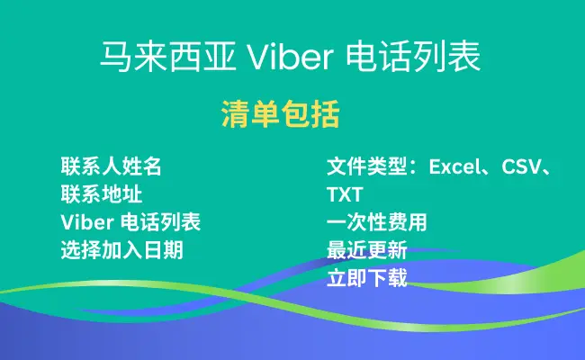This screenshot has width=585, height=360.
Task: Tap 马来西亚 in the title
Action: coord(168,57)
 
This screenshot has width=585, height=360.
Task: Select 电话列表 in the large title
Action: coord(413,57)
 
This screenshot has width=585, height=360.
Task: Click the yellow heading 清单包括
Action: coord(281,114)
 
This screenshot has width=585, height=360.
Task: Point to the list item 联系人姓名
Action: coord(112,166)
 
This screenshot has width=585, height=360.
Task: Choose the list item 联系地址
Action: coord(102,194)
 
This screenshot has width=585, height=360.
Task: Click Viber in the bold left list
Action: coord(87,222)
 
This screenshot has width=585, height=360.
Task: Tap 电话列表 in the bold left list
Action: coord(161,222)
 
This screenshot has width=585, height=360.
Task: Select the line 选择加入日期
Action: coord(122,250)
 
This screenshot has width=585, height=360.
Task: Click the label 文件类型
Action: coord(366,166)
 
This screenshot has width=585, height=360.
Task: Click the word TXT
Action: coord(345,194)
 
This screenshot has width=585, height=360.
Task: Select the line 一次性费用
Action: coord(377,222)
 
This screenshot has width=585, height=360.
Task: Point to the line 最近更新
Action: coord(366,250)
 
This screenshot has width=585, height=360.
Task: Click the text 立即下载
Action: coord(366,278)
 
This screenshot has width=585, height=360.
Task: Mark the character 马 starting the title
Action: coord(116,57)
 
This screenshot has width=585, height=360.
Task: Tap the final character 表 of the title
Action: coord(464,57)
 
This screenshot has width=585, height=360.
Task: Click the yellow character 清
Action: coord(236,114)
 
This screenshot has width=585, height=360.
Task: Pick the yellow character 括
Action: coord(325,114)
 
